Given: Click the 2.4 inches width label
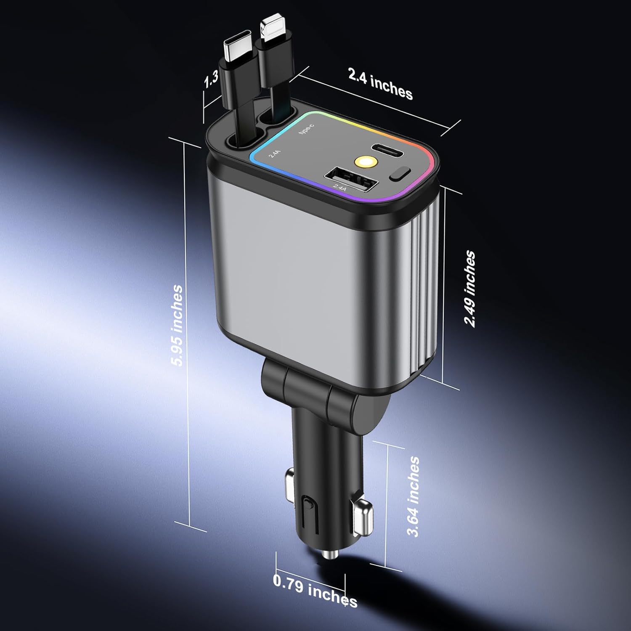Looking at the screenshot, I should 380,84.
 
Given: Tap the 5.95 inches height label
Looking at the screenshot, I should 178,325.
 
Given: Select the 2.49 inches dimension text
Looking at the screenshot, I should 469,289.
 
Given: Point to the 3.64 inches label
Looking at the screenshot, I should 414,496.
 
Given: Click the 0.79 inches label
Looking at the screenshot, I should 315,591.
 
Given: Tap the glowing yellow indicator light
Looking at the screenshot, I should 364,161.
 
